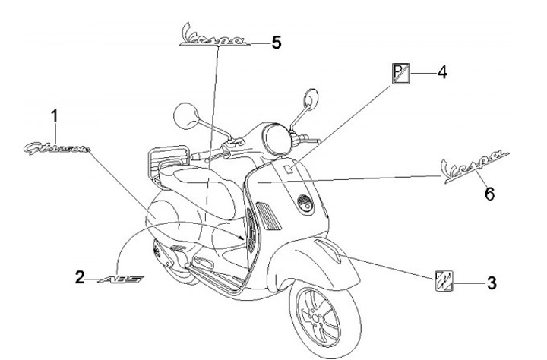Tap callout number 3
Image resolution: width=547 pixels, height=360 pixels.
(491, 283)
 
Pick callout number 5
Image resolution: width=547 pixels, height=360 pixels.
(276, 43)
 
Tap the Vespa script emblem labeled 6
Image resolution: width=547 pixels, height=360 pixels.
(476, 165)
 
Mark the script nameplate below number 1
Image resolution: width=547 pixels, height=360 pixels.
(56, 147)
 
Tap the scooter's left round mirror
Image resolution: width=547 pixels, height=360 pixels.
(185, 118)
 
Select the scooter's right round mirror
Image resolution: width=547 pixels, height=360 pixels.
(311, 99)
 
